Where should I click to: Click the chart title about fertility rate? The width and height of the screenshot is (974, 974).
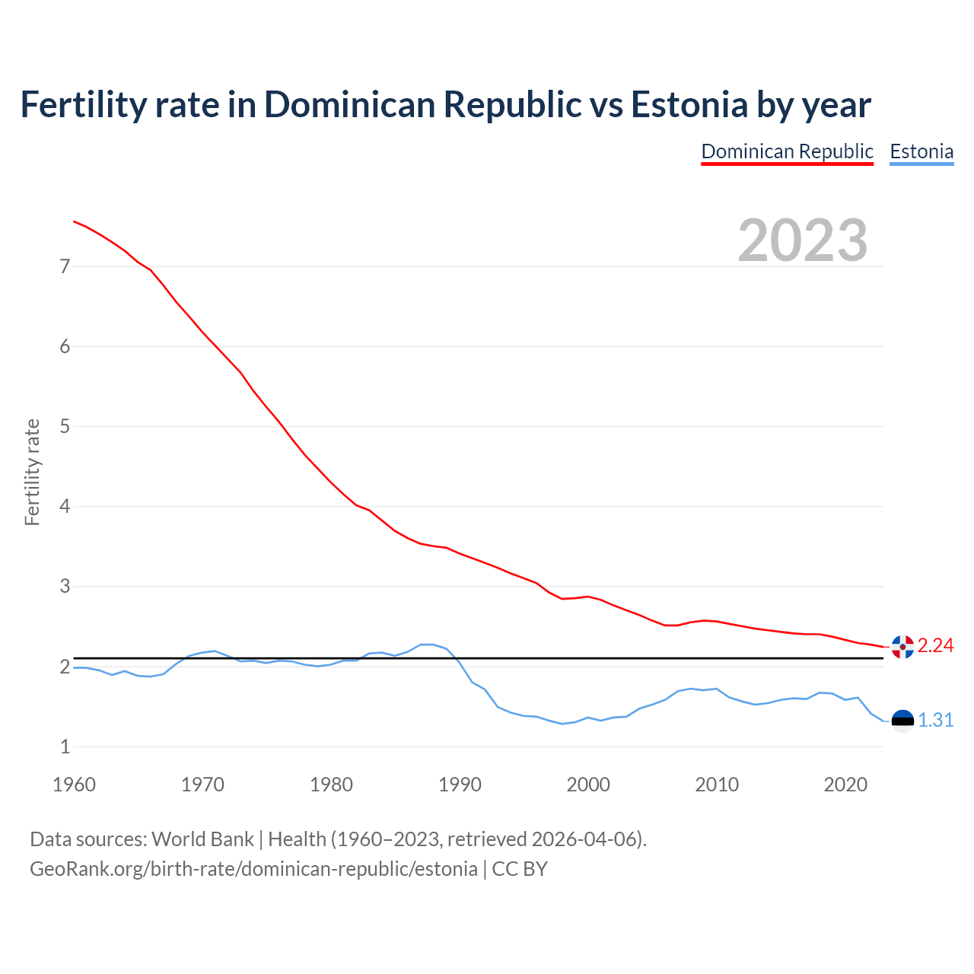click(x=445, y=105)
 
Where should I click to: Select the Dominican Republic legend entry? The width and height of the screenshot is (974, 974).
click(x=787, y=151)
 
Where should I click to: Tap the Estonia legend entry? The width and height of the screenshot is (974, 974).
click(x=921, y=151)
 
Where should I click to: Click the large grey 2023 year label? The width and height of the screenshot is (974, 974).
click(x=803, y=240)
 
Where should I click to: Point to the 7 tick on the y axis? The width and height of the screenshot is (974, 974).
click(x=65, y=266)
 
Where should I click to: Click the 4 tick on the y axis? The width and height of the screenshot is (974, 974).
click(x=65, y=506)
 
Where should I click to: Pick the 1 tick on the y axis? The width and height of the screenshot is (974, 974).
click(x=65, y=746)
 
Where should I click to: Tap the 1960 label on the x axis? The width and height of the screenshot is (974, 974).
click(x=74, y=785)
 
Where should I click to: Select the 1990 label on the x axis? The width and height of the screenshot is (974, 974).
click(x=460, y=785)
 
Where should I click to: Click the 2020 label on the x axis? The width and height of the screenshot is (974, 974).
click(x=845, y=785)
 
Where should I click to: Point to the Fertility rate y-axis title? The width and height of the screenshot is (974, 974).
click(x=32, y=472)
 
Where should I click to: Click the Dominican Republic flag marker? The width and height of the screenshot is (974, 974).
click(x=902, y=647)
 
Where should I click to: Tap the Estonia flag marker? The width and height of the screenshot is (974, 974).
click(x=902, y=720)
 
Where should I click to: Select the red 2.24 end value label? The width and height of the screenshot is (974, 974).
click(x=936, y=646)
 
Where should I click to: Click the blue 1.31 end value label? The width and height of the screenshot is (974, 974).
click(x=936, y=720)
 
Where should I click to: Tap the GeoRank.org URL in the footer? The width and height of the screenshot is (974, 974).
click(x=253, y=869)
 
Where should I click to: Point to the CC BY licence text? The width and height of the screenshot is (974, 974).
click(x=520, y=869)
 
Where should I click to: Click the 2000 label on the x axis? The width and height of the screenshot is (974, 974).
click(x=588, y=785)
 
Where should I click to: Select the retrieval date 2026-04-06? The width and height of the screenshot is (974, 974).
click(x=584, y=839)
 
